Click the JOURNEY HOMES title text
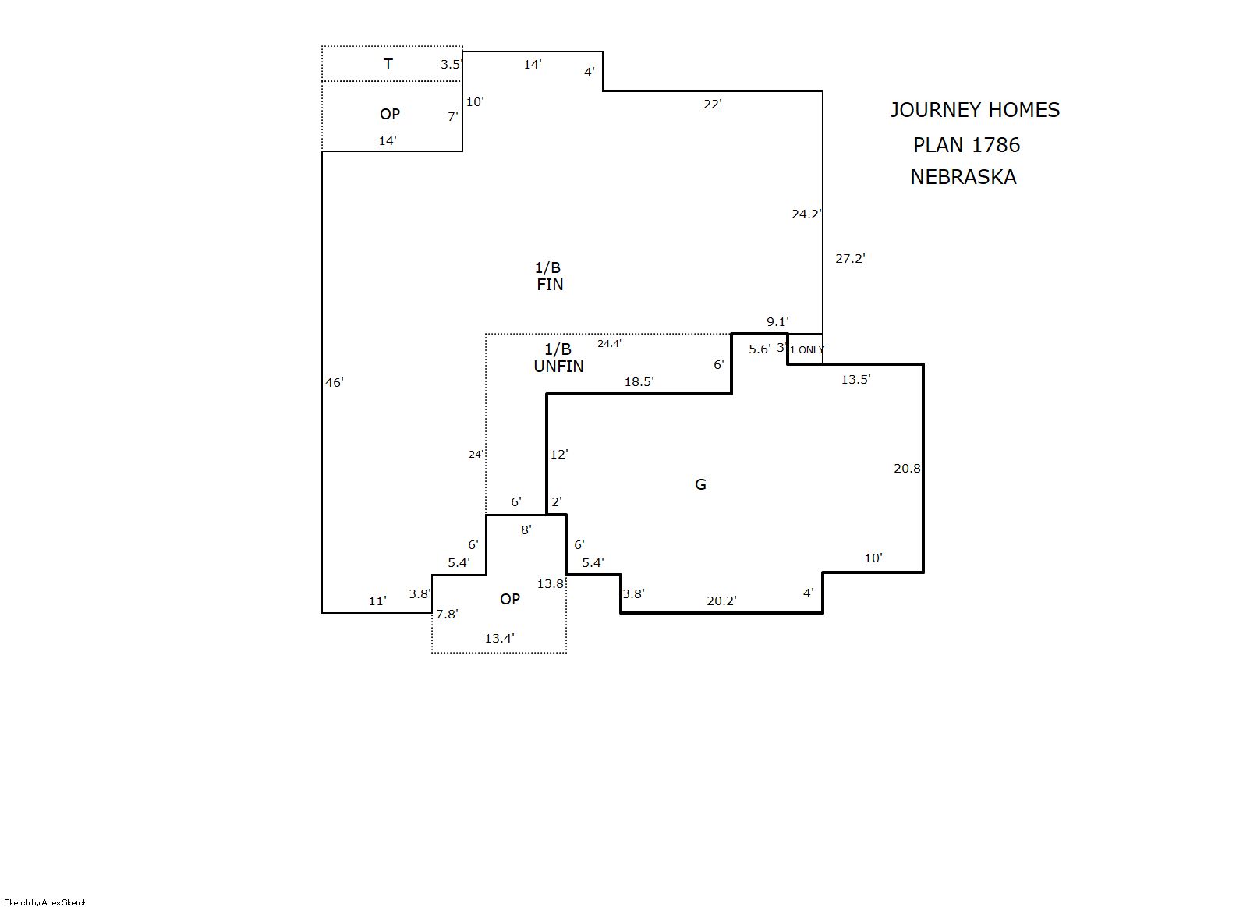pyautogui.click(x=975, y=110)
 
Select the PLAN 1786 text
pyautogui.click(x=967, y=144)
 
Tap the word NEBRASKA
pyautogui.click(x=963, y=176)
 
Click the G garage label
pyautogui.click(x=700, y=484)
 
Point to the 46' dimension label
pyautogui.click(x=334, y=382)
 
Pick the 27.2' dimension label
pyautogui.click(x=850, y=258)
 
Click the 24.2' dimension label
pyautogui.click(x=806, y=214)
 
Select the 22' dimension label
pyautogui.click(x=712, y=104)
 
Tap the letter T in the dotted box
pyautogui.click(x=388, y=64)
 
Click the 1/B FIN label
pyautogui.click(x=549, y=276)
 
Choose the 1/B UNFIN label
pyautogui.click(x=558, y=357)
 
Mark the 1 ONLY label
pyautogui.click(x=806, y=350)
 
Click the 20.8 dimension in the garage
pyautogui.click(x=907, y=469)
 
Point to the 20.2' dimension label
pyautogui.click(x=721, y=601)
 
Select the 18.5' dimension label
pyautogui.click(x=639, y=381)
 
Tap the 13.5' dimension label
pyautogui.click(x=855, y=379)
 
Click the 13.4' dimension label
pyautogui.click(x=499, y=638)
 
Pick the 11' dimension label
pyautogui.click(x=377, y=601)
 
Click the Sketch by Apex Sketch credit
pyautogui.click(x=46, y=902)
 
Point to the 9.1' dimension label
pyautogui.click(x=777, y=321)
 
